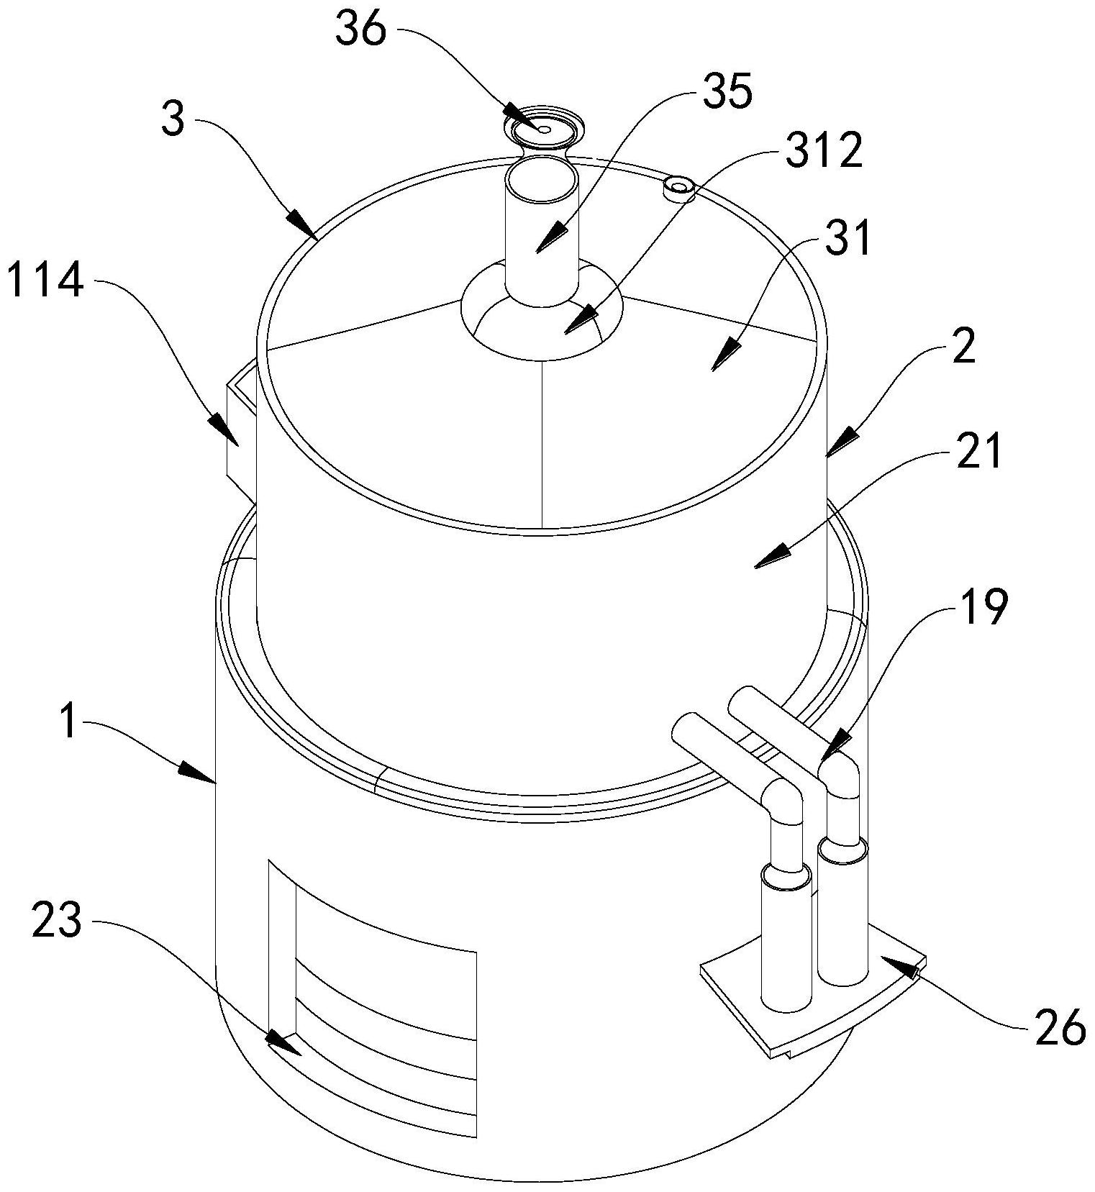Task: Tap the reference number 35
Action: click(x=727, y=93)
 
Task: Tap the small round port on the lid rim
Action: click(x=678, y=188)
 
